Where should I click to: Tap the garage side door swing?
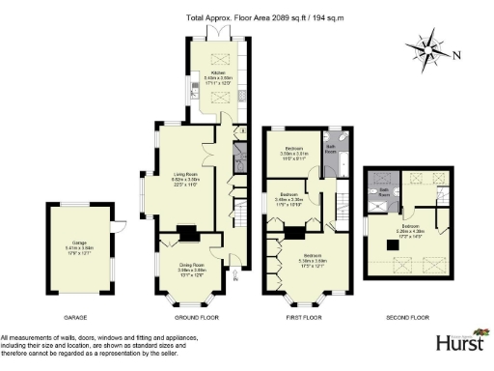(x=117, y=227)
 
